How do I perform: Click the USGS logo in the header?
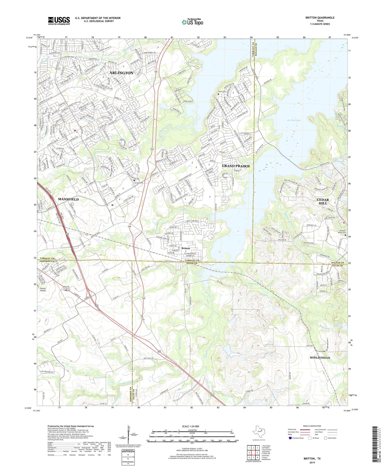coord(59,21)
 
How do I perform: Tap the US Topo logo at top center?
coord(192,22)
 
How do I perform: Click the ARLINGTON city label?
coord(121,73)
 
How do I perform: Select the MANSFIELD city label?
coord(68,199)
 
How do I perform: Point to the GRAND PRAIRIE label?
coord(236,166)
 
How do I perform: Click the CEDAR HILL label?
coord(323,202)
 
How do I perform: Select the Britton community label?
coord(186,248)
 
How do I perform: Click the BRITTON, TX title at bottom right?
coord(312,459)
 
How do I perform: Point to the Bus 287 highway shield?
coord(66,288)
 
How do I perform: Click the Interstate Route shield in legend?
coord(290,438)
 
